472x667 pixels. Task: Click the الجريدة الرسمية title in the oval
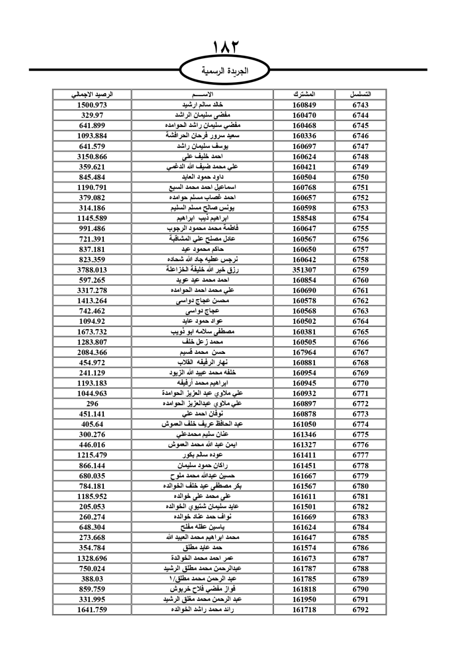click(x=225, y=71)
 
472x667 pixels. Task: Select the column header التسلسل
click(x=361, y=94)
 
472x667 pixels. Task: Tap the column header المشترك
click(x=304, y=94)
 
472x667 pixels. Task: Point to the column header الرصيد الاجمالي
click(x=92, y=94)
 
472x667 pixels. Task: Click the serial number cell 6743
click(x=361, y=105)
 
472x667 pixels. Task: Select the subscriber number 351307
click(x=304, y=270)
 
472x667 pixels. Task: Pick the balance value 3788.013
click(x=92, y=270)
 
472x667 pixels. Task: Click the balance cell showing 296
click(x=92, y=404)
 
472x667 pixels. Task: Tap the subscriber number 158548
click(x=304, y=218)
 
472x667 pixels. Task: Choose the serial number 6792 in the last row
click(x=361, y=609)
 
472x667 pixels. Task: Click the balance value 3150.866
click(x=92, y=157)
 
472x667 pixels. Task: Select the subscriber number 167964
click(x=304, y=352)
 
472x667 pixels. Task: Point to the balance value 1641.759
click(x=92, y=609)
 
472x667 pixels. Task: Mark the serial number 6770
click(x=361, y=383)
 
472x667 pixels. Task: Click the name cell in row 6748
click(x=202, y=157)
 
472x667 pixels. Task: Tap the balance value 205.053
click(x=92, y=507)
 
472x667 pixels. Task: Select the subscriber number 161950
click(x=304, y=599)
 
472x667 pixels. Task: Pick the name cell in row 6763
click(x=202, y=311)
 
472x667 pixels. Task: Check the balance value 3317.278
click(x=92, y=291)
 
